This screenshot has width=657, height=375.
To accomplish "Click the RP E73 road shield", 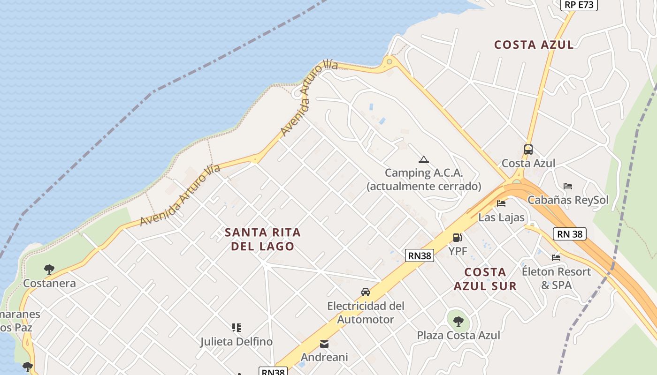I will [579, 5].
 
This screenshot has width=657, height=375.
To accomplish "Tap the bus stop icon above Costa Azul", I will [528, 150].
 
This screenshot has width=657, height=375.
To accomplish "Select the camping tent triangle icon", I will [424, 160].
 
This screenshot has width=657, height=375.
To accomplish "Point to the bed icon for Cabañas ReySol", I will [568, 186].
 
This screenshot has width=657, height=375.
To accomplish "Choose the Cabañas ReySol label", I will [568, 200].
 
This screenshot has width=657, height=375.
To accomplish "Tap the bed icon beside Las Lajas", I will [501, 203].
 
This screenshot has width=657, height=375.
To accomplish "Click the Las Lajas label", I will [501, 217].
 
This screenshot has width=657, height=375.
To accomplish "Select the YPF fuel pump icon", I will [458, 238].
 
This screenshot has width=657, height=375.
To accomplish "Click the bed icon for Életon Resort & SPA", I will [556, 257].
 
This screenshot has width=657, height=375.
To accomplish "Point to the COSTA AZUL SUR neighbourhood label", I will [485, 279].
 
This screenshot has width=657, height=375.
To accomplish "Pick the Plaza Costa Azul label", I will [458, 336].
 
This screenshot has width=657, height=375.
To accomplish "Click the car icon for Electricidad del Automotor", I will [366, 292].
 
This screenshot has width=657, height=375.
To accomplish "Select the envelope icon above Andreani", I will [324, 344].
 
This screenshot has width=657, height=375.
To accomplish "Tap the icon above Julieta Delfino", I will [237, 328].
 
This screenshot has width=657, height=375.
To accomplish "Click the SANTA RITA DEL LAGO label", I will [263, 239].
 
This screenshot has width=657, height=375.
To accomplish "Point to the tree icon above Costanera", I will [49, 270].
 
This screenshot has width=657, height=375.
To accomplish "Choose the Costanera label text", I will [49, 284].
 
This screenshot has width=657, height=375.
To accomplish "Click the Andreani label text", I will [324, 358].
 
